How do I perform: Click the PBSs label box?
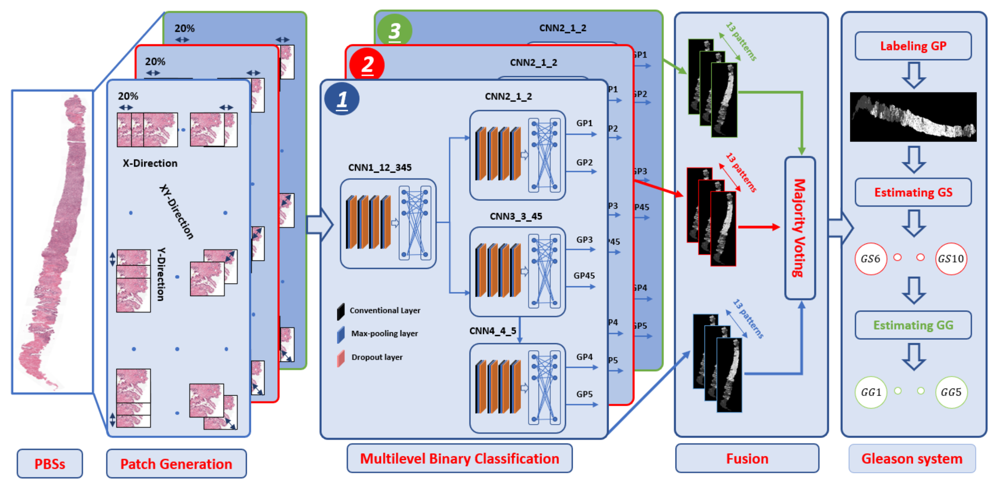coord(50,464)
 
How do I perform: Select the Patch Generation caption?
coord(176,464)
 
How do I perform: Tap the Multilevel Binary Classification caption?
coord(459,459)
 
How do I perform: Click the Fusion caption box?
coord(747,459)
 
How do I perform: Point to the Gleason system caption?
coord(912,459)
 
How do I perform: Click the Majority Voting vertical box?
coord(800,228)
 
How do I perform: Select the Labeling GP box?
coord(913,46)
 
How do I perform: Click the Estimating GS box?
coord(913,193)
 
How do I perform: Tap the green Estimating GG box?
coord(913,325)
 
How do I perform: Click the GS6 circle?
coord(871,259)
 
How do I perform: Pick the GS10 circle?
coord(951,259)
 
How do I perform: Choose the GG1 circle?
coord(871,392)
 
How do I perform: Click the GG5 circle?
coord(951,392)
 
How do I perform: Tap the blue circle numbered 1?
coord(342,99)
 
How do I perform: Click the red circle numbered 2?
coord(367,64)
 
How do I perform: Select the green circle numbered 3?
coord(394,30)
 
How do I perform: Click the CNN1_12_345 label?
coord(380,167)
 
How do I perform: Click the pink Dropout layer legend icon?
coord(341,358)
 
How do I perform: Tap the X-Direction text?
coord(150,163)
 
